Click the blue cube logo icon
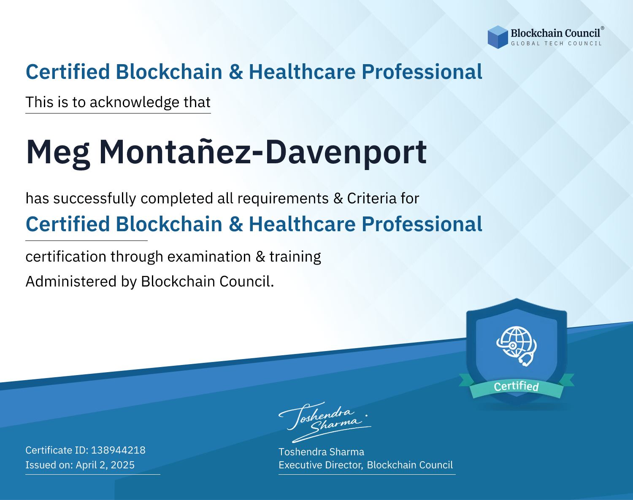point(498,37)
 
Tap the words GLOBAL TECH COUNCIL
point(557,43)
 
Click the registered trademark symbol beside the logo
point(603,28)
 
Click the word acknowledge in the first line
point(135,102)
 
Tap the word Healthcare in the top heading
point(303,72)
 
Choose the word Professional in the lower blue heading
point(422,224)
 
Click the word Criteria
point(371,198)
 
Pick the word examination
point(209,257)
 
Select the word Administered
point(71,281)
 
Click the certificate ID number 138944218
point(118,450)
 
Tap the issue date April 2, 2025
point(105,465)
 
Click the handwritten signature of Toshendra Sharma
point(325,422)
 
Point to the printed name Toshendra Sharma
point(321,452)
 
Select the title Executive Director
point(320,465)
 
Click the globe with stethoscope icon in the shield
point(517,346)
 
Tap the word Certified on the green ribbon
point(516,386)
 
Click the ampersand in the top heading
point(235,72)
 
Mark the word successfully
point(95,199)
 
